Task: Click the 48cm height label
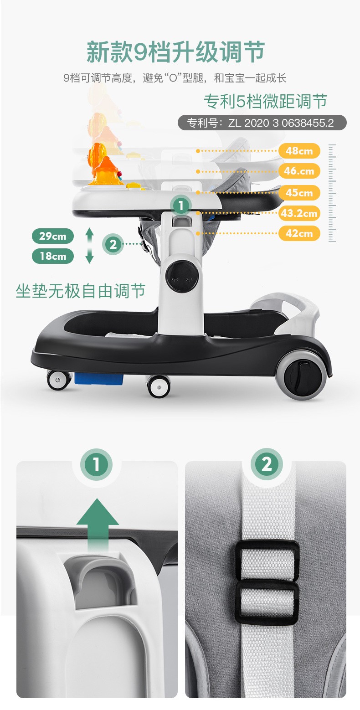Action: tap(299, 151)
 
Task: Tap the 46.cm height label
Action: tap(299, 171)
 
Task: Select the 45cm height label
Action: tap(299, 192)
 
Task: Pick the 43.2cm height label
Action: tap(299, 213)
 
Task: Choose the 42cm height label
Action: tap(299, 233)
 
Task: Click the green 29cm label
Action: tap(52, 236)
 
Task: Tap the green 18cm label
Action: tap(52, 256)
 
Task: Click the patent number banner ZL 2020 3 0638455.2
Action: tap(262, 123)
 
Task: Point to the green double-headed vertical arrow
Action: tap(90, 246)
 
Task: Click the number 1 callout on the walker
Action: tap(180, 206)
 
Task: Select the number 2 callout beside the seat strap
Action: tap(113, 244)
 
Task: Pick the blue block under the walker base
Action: tap(98, 379)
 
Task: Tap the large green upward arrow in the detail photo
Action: tap(98, 526)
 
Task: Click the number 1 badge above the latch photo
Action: tap(96, 465)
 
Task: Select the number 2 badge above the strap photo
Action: tap(267, 464)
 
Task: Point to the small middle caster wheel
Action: tap(158, 386)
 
